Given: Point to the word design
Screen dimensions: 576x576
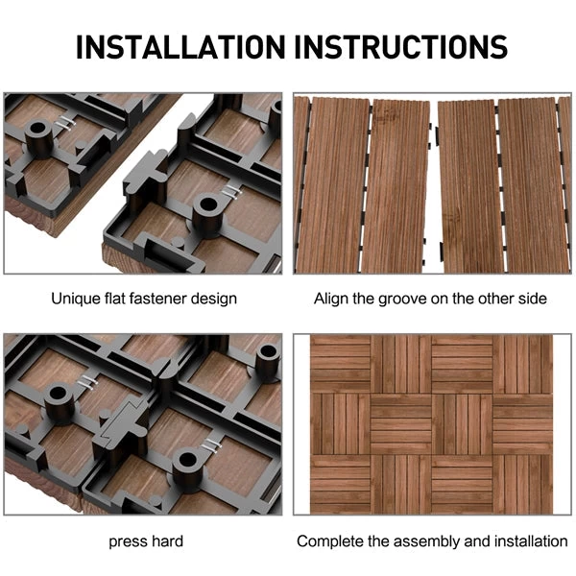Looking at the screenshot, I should (x=213, y=299).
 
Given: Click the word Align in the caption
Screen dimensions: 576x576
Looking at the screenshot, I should (x=331, y=299).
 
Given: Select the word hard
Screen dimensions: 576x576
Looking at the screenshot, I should (x=165, y=541).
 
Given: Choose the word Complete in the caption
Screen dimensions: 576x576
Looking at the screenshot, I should (x=327, y=541).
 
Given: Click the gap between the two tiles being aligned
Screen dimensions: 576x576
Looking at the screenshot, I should (x=432, y=182).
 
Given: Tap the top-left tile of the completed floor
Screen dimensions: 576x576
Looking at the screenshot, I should (x=340, y=362).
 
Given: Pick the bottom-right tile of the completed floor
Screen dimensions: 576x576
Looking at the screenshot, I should (x=522, y=484).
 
